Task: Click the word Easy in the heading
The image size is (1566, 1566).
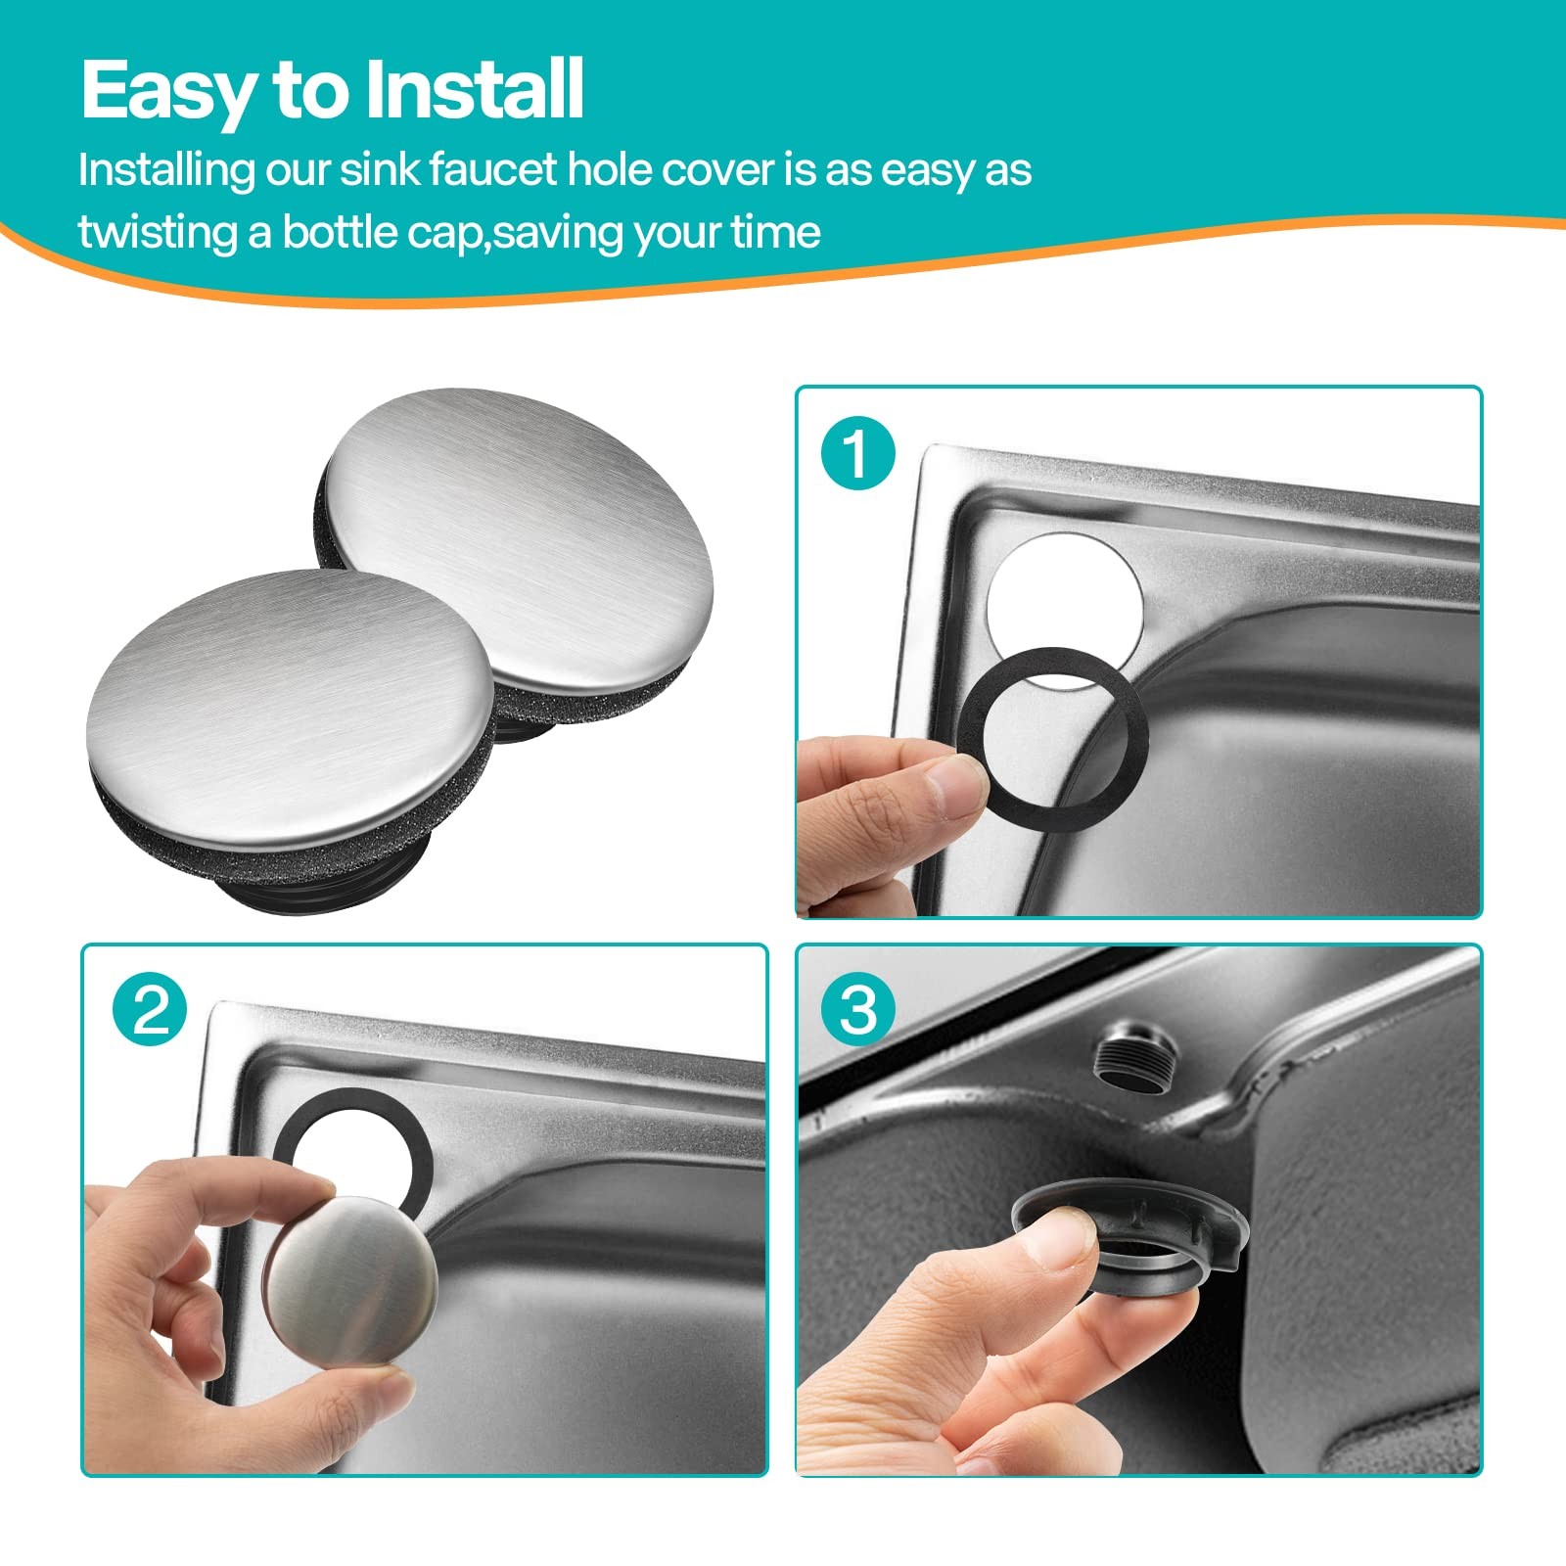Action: pyautogui.click(x=168, y=90)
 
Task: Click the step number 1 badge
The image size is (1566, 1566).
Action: pyautogui.click(x=858, y=453)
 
